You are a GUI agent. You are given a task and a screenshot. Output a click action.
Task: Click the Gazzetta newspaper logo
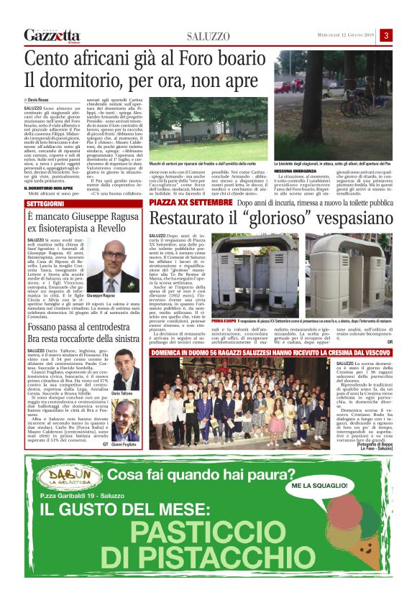point(52,35)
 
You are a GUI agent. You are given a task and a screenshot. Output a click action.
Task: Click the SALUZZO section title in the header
point(208,36)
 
